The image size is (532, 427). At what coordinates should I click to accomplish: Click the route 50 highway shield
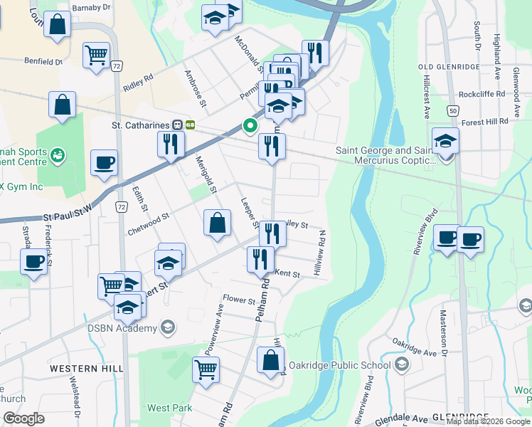click(x=453, y=110)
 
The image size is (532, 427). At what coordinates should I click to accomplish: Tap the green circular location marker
click(x=250, y=126)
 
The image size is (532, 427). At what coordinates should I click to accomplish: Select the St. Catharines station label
click(x=141, y=125)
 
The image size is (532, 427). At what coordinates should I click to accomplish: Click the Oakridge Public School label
click(x=351, y=365)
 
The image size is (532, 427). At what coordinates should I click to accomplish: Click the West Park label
click(x=169, y=408)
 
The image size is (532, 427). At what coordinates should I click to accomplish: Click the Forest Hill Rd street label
click(x=484, y=122)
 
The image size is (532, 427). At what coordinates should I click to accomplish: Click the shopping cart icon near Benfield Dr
click(x=96, y=55)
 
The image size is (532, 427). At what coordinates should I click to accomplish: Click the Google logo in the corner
click(x=23, y=418)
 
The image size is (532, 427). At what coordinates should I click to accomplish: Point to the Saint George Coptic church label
click(x=384, y=155)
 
